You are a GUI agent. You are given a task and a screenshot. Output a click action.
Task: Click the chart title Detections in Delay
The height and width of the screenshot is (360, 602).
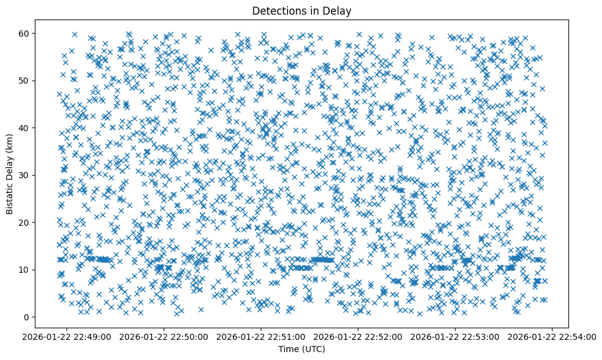(302, 10)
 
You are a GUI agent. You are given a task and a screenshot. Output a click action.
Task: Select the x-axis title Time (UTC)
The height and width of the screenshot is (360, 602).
(302, 349)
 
